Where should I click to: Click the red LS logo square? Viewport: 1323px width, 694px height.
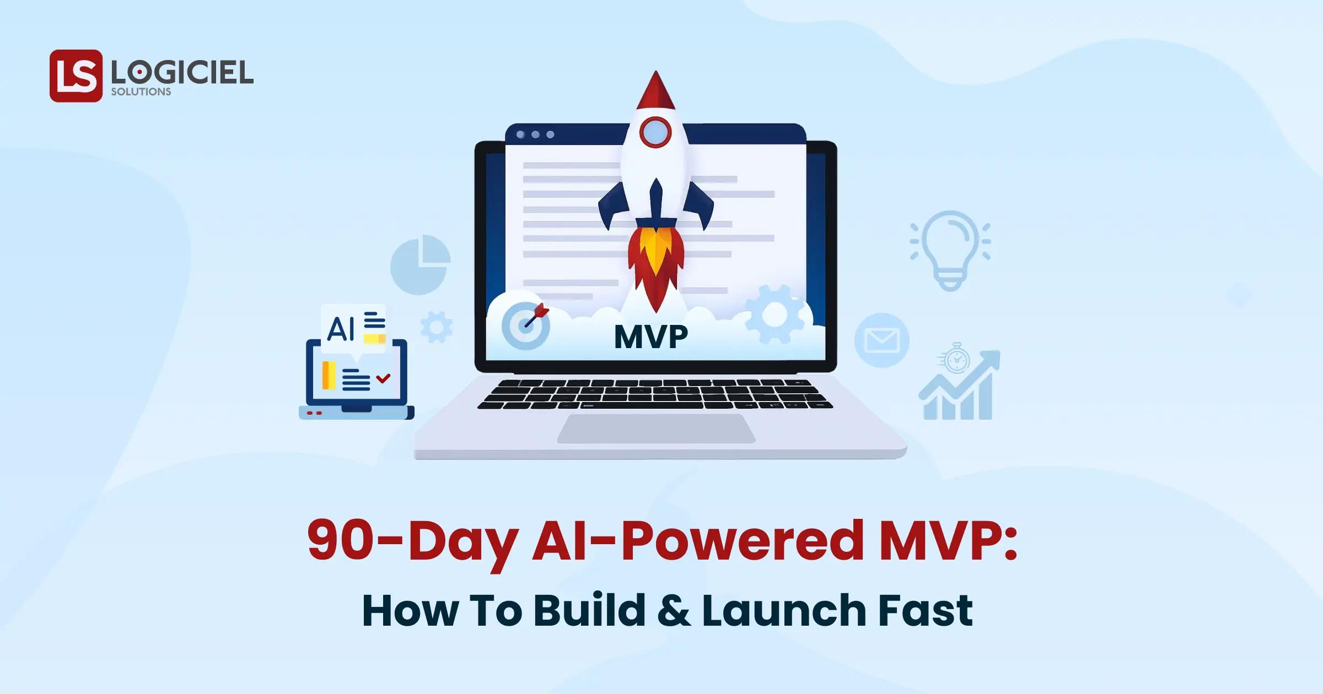[x=76, y=76]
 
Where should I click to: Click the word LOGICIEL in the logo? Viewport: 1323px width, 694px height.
[x=182, y=72]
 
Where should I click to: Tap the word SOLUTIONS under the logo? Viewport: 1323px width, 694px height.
[x=141, y=92]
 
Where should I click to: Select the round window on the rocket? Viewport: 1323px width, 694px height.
[x=655, y=132]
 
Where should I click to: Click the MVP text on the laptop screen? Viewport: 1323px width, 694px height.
[x=651, y=337]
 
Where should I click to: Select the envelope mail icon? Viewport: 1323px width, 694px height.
[x=881, y=340]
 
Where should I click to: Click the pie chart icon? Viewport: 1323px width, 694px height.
[x=420, y=265]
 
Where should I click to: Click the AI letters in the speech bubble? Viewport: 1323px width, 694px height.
[x=341, y=329]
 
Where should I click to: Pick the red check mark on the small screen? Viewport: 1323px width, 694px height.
[x=383, y=378]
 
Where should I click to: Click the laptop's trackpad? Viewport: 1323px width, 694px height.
[x=656, y=429]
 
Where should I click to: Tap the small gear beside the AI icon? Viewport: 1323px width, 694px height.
[x=437, y=327]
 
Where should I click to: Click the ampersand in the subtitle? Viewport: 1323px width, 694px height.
[x=673, y=611]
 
